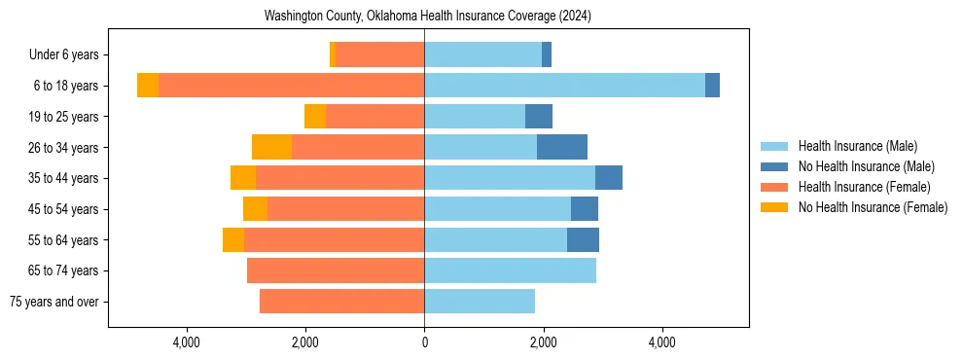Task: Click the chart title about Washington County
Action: (x=428, y=17)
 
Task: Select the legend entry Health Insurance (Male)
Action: (x=857, y=146)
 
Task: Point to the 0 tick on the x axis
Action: (x=424, y=342)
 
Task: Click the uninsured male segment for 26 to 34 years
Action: (x=562, y=147)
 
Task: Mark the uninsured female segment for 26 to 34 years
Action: (x=271, y=147)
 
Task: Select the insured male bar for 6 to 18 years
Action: (x=564, y=86)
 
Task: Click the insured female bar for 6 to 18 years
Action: (x=291, y=86)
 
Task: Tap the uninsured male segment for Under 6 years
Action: (x=547, y=54)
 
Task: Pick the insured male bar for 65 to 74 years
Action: (x=510, y=270)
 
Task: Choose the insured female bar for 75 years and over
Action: (x=341, y=302)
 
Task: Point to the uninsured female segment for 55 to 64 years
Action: (x=233, y=239)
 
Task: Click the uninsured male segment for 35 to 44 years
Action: (x=609, y=178)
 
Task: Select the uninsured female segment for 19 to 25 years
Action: (x=315, y=117)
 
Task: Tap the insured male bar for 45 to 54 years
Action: (x=497, y=209)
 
